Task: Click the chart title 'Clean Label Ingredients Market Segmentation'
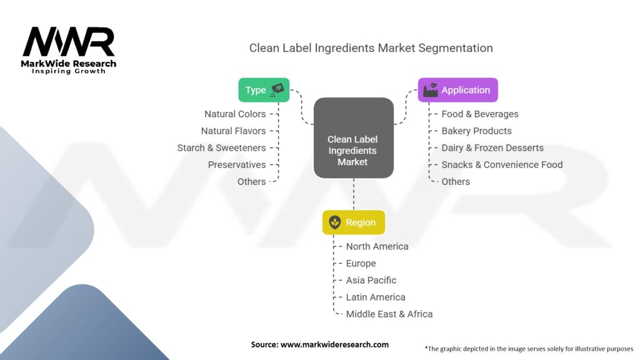(x=371, y=48)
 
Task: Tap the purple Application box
(x=457, y=90)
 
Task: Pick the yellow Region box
(x=353, y=222)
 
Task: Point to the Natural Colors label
(x=235, y=114)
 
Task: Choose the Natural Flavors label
(x=233, y=131)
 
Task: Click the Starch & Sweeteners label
(x=221, y=147)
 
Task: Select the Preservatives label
(x=237, y=164)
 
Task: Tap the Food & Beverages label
(x=480, y=114)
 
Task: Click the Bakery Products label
(x=476, y=131)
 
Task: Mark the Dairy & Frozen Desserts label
(x=492, y=147)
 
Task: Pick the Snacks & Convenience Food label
(x=502, y=164)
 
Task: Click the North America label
(x=377, y=246)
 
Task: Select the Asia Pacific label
(x=371, y=280)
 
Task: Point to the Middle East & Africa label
(x=389, y=314)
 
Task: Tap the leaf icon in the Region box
(x=335, y=222)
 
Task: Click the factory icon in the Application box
(x=431, y=90)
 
